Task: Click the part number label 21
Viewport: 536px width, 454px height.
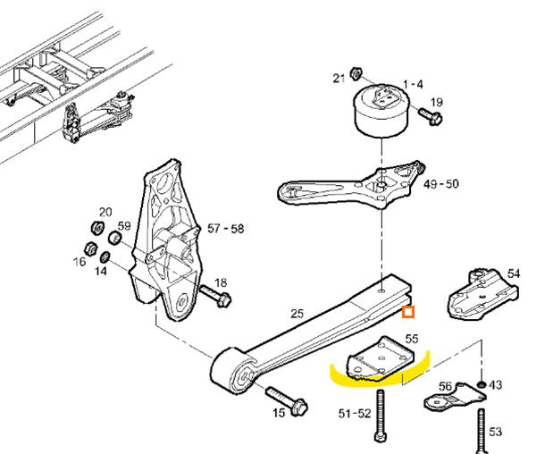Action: [339, 79]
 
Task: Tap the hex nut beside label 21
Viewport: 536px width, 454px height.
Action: [356, 73]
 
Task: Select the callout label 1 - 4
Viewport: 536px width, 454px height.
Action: [413, 84]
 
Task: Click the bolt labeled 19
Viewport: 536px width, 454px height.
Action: [431, 116]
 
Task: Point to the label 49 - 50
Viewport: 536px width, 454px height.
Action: [440, 184]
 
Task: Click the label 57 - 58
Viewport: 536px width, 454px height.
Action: [226, 229]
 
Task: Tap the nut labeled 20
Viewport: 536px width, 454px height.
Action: [97, 227]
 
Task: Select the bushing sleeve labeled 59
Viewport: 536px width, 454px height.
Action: [115, 238]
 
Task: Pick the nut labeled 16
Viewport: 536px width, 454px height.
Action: [90, 249]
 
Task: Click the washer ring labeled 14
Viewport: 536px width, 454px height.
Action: [105, 256]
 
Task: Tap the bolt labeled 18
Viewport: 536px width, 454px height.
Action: [215, 296]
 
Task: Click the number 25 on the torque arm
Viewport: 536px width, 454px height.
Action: [297, 314]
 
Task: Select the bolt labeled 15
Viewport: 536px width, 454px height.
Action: [287, 400]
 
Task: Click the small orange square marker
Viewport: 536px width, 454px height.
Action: [408, 312]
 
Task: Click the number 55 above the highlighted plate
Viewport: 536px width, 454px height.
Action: [412, 339]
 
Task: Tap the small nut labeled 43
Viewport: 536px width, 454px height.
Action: [482, 384]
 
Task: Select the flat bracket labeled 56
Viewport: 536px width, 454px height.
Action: [455, 399]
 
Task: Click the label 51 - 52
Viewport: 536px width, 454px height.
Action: [355, 414]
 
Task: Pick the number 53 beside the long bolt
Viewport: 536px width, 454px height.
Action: [495, 432]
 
